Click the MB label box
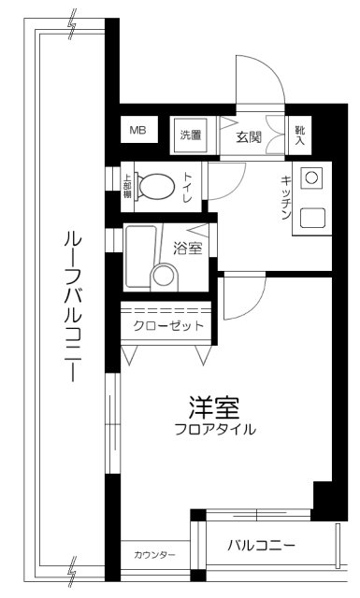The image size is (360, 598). point(137,132)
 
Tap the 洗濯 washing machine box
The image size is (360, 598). point(191,135)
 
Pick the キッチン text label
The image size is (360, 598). point(285,196)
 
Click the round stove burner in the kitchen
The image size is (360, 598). point(311,178)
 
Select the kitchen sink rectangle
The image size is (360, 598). point(311,218)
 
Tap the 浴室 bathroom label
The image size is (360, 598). point(188,249)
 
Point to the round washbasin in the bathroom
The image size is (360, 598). point(165,276)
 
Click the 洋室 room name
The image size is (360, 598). point(214,407)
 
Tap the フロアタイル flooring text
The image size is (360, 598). point(214,430)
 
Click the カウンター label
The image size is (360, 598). point(154,556)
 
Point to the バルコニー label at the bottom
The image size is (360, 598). point(263,545)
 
